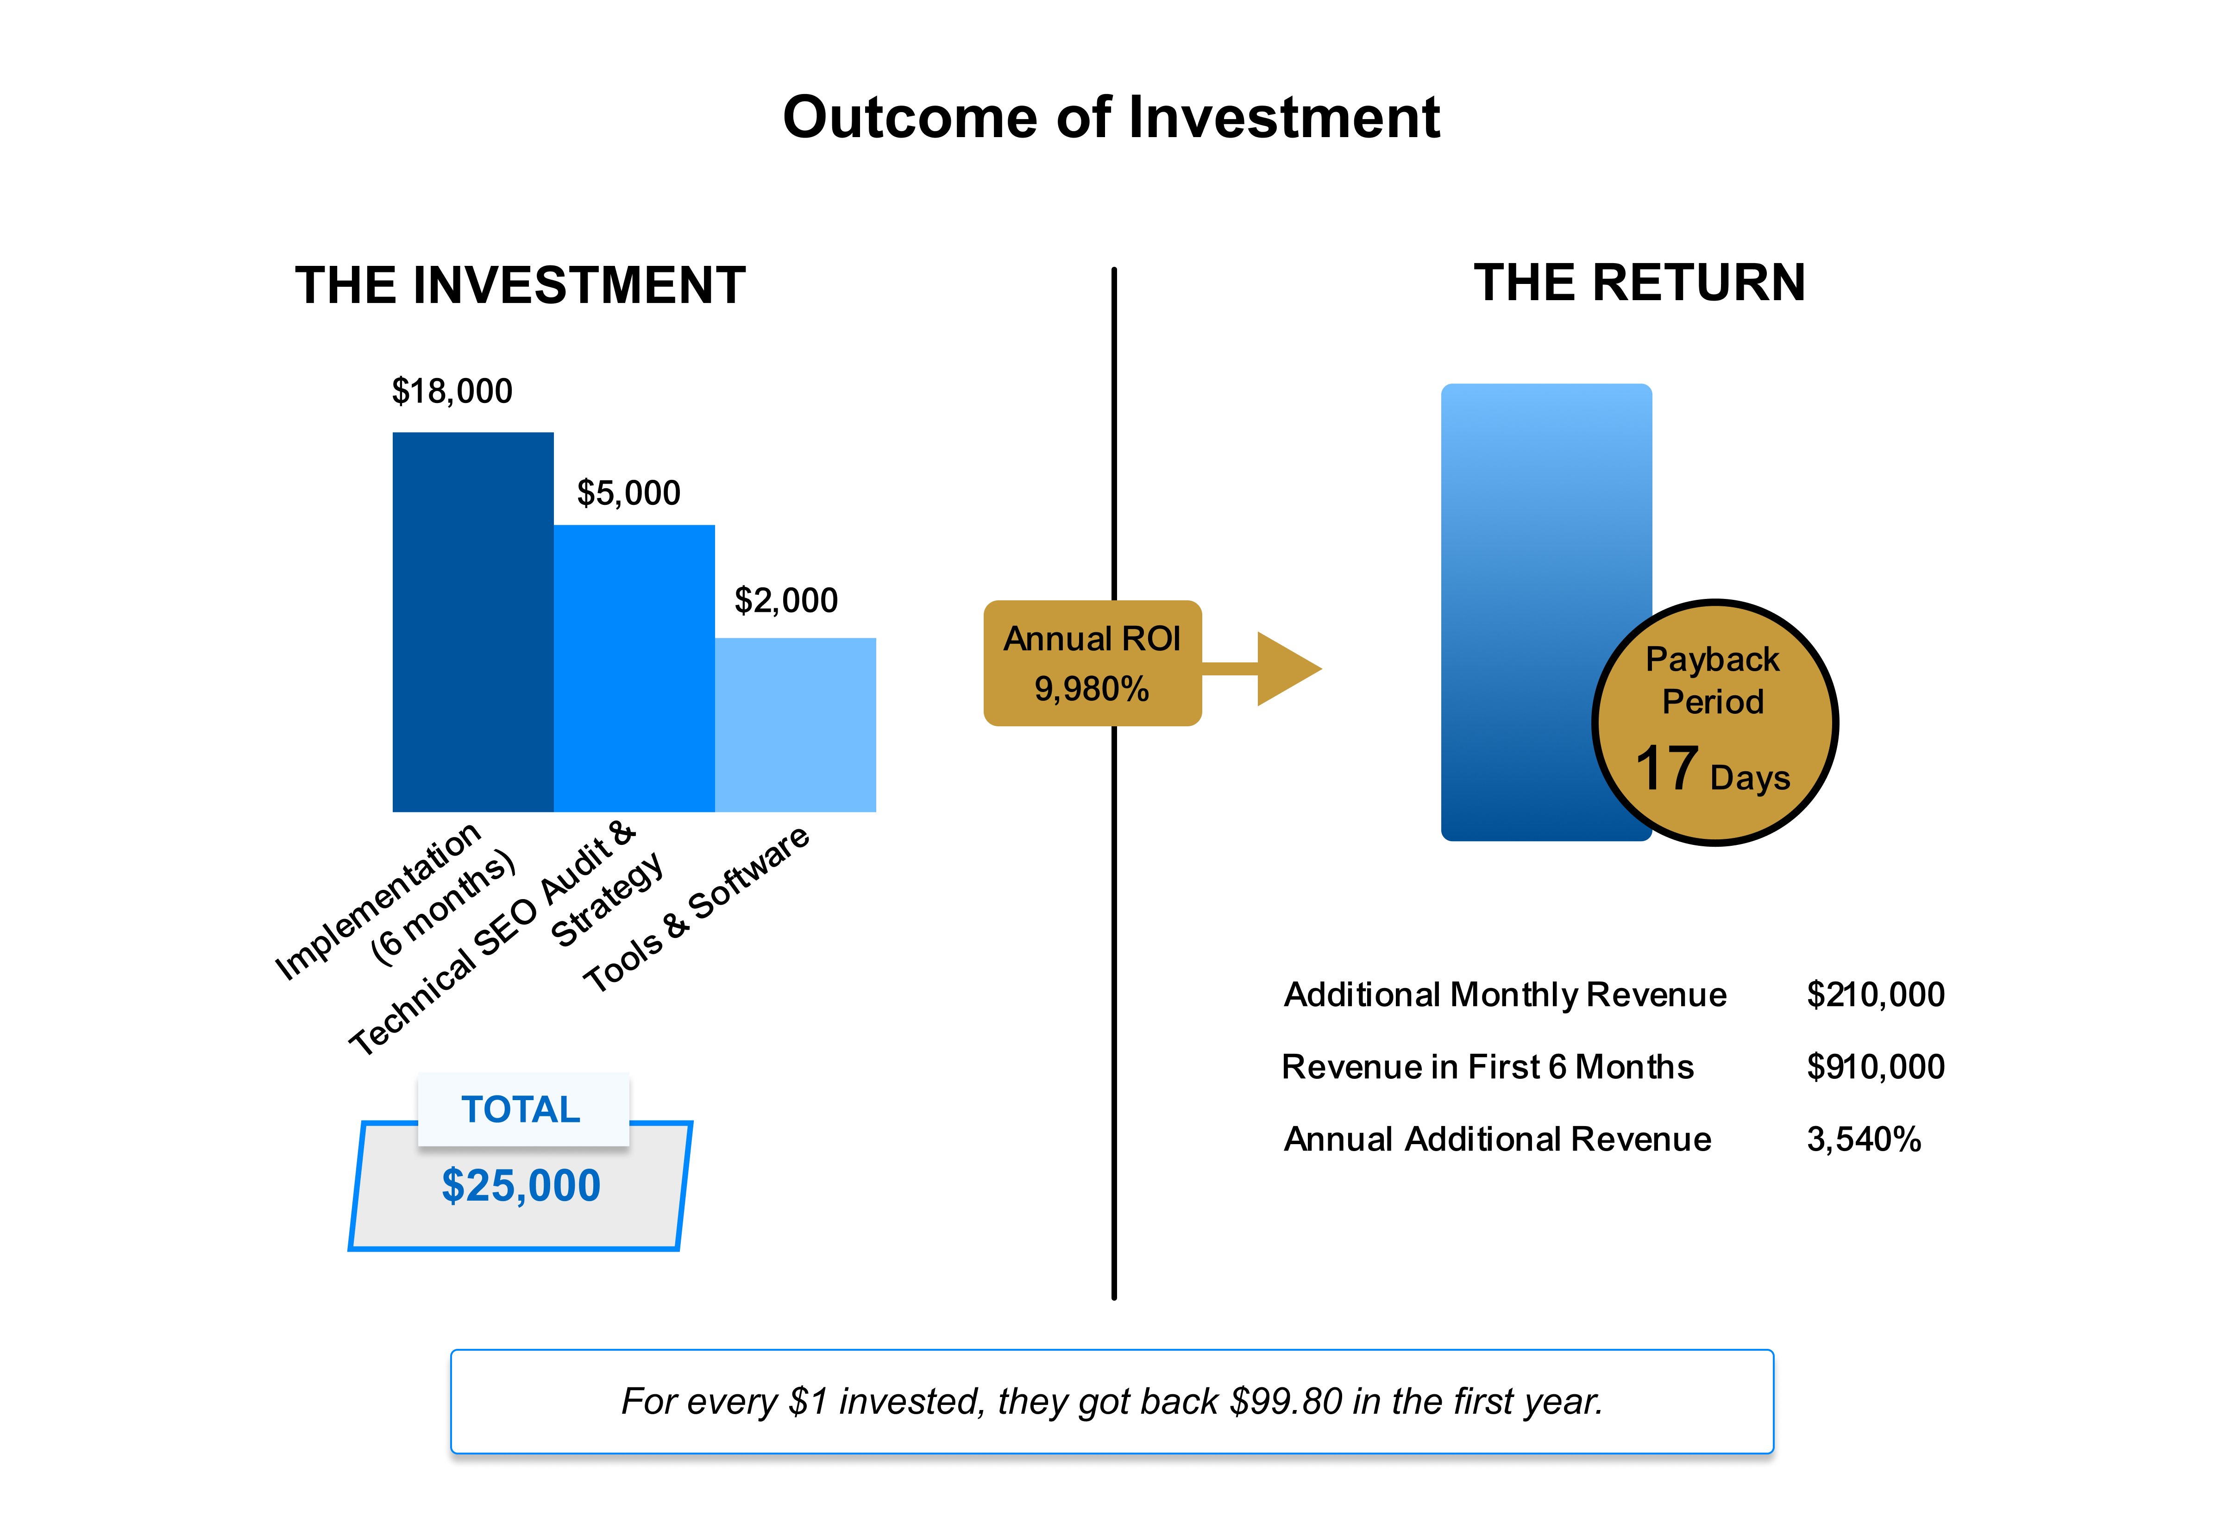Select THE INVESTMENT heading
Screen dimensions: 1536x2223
pyautogui.click(x=520, y=286)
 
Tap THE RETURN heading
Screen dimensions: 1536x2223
pyautogui.click(x=1639, y=283)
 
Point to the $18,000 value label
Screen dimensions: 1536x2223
pyautogui.click(x=452, y=392)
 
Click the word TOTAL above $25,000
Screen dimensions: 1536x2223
pyautogui.click(x=521, y=1110)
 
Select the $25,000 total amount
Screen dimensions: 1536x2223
pyautogui.click(x=521, y=1186)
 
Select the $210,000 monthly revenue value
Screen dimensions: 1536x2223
pyautogui.click(x=1875, y=994)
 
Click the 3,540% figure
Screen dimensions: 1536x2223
pyautogui.click(x=1863, y=1139)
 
